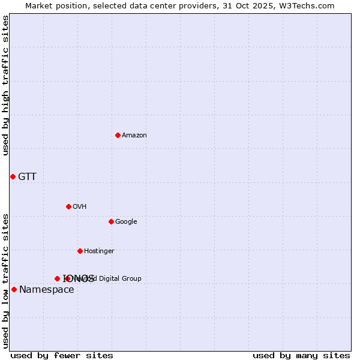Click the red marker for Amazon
click(118, 135)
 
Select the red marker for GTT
click(13, 176)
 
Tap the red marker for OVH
click(68, 206)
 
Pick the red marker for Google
click(111, 221)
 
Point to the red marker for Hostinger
click(80, 251)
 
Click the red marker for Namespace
click(14, 290)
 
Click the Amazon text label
click(134, 135)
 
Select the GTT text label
click(27, 176)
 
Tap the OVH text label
click(80, 206)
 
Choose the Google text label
click(126, 221)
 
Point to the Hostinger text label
click(99, 251)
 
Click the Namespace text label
click(47, 290)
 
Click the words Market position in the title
click(56, 6)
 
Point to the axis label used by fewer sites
click(62, 355)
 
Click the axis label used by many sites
click(301, 355)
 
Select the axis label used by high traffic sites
click(6, 85)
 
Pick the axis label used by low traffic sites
click(6, 280)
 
